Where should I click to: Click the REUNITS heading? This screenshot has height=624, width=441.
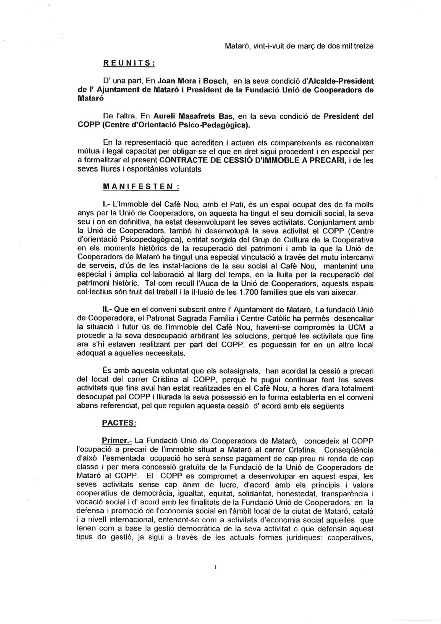128,63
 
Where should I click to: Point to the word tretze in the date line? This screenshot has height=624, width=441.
363,46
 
